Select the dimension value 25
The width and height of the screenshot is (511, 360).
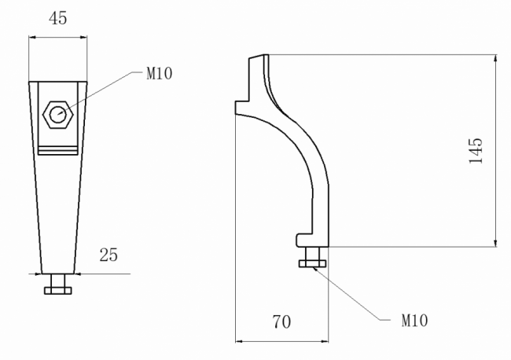tap(109, 255)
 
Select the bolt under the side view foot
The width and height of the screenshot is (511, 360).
tap(313, 263)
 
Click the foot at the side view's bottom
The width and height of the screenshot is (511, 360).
tap(311, 238)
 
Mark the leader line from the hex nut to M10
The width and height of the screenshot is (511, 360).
tap(102, 90)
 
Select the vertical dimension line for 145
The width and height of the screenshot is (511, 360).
tap(496, 149)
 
